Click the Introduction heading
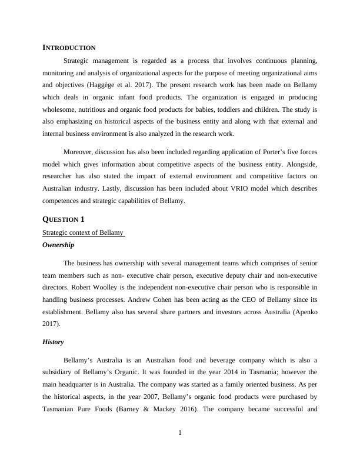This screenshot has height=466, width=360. click(69, 47)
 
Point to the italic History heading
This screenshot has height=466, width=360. click(53, 342)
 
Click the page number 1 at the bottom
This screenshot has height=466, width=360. click(180, 434)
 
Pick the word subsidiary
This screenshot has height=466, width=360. click(58, 372)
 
